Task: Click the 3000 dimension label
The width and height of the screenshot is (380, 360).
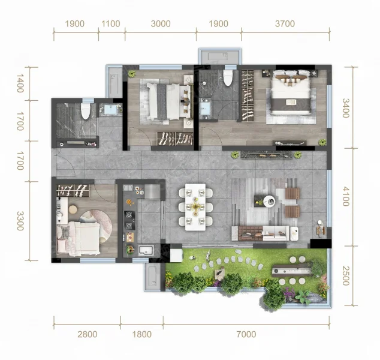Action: point(161,24)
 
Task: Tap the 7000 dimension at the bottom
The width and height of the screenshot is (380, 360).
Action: point(246,334)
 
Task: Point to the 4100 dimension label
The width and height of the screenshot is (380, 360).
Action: point(346,196)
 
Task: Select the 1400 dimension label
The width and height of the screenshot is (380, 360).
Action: point(20,83)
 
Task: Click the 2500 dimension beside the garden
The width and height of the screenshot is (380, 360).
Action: point(346,276)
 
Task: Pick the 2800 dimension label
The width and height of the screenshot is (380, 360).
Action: point(88,334)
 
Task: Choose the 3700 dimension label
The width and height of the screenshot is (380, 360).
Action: point(285,24)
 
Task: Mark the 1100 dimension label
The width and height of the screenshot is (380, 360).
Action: point(111,24)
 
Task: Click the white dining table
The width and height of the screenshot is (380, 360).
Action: point(195,207)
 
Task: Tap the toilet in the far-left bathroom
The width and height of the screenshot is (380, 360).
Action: point(85,111)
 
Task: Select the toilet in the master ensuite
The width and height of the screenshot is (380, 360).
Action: point(228,77)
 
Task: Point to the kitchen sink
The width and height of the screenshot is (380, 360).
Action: point(146,250)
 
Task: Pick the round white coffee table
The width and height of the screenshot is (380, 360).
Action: point(269,201)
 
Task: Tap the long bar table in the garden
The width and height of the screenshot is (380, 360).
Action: point(292,271)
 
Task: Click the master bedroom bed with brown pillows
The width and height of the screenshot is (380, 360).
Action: point(291,92)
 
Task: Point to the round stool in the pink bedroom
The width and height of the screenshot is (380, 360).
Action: point(73,209)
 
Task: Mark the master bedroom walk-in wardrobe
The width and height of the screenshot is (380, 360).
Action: point(248,95)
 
